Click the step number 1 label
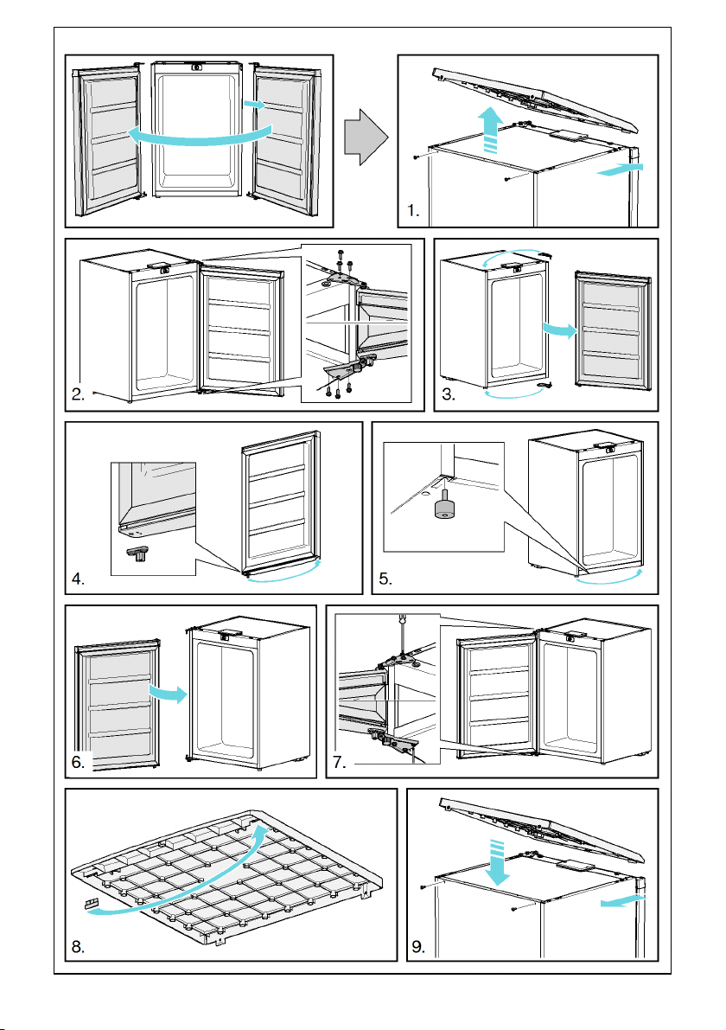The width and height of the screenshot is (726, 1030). click(413, 211)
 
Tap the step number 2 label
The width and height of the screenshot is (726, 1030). click(78, 394)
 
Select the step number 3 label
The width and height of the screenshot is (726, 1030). click(449, 394)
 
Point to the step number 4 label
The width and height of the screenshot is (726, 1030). click(78, 579)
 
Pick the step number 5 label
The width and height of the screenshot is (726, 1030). click(385, 579)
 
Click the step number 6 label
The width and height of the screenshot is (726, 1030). click(78, 762)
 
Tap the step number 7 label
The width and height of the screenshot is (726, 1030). click(340, 762)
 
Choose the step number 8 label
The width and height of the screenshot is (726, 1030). click(78, 947)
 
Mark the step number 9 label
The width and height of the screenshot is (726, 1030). click(418, 947)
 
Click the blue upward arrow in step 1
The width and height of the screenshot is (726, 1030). click(490, 131)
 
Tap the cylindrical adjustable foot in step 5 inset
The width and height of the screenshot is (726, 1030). click(444, 508)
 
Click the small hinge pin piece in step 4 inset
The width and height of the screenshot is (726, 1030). click(137, 553)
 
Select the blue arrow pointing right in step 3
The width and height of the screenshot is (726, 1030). click(557, 329)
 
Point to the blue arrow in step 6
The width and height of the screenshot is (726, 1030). click(168, 693)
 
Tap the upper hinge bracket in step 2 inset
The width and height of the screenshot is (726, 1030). click(342, 278)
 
